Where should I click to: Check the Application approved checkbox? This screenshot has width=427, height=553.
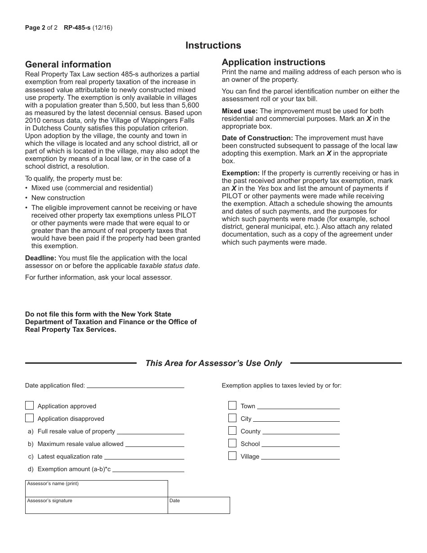(30, 406)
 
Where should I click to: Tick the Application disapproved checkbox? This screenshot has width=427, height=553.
(30, 418)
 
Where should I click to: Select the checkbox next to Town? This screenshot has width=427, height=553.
(232, 406)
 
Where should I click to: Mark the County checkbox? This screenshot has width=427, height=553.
(232, 431)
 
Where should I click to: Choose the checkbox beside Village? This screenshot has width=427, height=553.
(232, 456)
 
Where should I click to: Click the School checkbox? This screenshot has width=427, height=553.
(232, 443)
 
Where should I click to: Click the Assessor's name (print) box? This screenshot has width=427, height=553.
(96, 489)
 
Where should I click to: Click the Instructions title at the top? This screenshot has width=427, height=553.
(213, 45)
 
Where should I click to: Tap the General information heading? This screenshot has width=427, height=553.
(68, 64)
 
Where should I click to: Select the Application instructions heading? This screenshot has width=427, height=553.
(273, 62)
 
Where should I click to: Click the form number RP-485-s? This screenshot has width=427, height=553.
(77, 28)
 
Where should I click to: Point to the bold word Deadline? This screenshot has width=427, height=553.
(41, 258)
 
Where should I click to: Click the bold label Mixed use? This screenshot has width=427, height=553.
(240, 111)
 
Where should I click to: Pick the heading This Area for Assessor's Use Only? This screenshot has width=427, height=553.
(213, 363)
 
